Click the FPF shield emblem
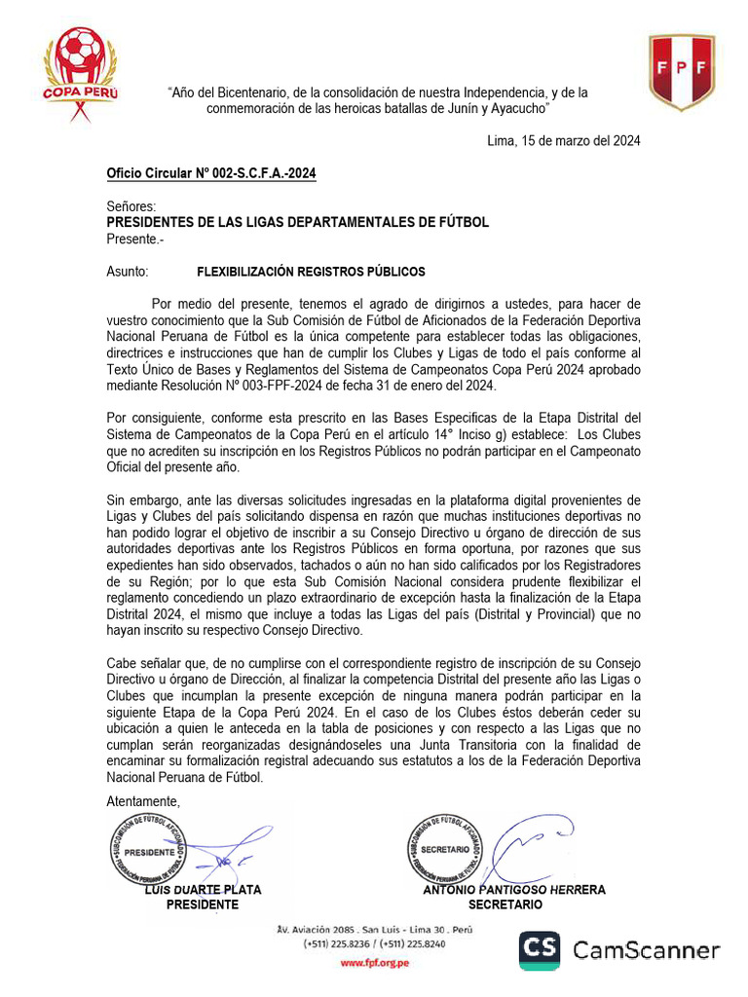(682, 71)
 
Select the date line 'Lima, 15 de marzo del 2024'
(563, 140)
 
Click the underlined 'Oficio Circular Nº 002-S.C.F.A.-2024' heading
(211, 174)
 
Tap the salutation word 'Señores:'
(131, 206)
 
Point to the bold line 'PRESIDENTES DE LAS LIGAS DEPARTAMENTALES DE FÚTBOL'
(297, 222)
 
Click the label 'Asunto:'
(128, 272)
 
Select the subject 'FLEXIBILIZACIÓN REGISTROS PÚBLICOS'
(311, 272)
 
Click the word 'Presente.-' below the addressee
(135, 239)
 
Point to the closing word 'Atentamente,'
(143, 800)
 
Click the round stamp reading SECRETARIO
(444, 849)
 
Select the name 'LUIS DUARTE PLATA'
(203, 890)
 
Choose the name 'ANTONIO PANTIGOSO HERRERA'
(513, 890)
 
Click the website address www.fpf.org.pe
(374, 962)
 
